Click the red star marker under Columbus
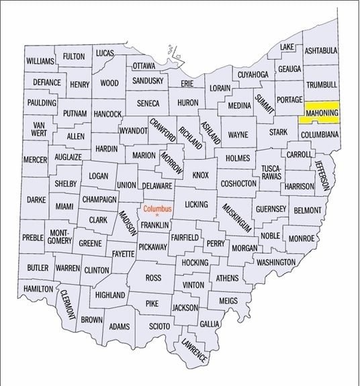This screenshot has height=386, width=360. click(x=158, y=215)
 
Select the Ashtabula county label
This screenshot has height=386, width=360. click(x=320, y=51)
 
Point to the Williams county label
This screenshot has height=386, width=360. click(x=40, y=61)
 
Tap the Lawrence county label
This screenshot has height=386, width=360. click(x=193, y=351)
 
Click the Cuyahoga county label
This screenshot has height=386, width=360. click(x=252, y=74)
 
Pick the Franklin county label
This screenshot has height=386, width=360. click(x=154, y=225)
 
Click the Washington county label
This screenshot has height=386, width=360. click(x=276, y=262)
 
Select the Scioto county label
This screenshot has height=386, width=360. click(x=159, y=326)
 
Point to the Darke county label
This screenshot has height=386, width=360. click(x=36, y=200)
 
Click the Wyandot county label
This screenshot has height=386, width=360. click(x=134, y=131)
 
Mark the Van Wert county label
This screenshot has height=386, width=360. click(x=38, y=129)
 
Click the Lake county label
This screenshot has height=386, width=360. click(x=287, y=47)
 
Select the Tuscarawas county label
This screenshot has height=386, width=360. click(x=271, y=171)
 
